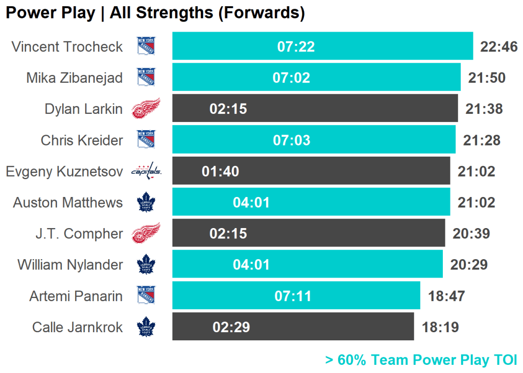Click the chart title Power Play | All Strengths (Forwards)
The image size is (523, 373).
click(x=155, y=13)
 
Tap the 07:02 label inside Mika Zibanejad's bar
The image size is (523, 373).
click(x=291, y=78)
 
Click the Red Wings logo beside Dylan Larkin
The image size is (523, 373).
click(x=146, y=109)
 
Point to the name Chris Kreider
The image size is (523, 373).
click(x=82, y=140)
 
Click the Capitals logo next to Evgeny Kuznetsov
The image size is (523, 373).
click(x=146, y=171)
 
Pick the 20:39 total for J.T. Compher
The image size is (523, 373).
click(x=471, y=234)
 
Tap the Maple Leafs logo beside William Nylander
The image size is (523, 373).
click(x=146, y=265)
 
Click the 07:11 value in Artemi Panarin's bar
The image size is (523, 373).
click(x=293, y=296)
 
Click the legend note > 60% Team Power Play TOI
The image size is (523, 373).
click(x=421, y=360)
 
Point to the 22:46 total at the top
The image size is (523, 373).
click(x=499, y=47)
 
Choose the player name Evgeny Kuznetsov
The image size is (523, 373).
click(x=64, y=171)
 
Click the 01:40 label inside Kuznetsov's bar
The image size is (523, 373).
click(x=220, y=171)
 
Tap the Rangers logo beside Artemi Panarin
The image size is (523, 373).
click(x=146, y=295)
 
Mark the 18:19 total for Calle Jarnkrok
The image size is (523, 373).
click(x=440, y=327)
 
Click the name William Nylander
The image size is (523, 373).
click(x=70, y=265)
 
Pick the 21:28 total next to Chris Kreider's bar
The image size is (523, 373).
click(x=481, y=140)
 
